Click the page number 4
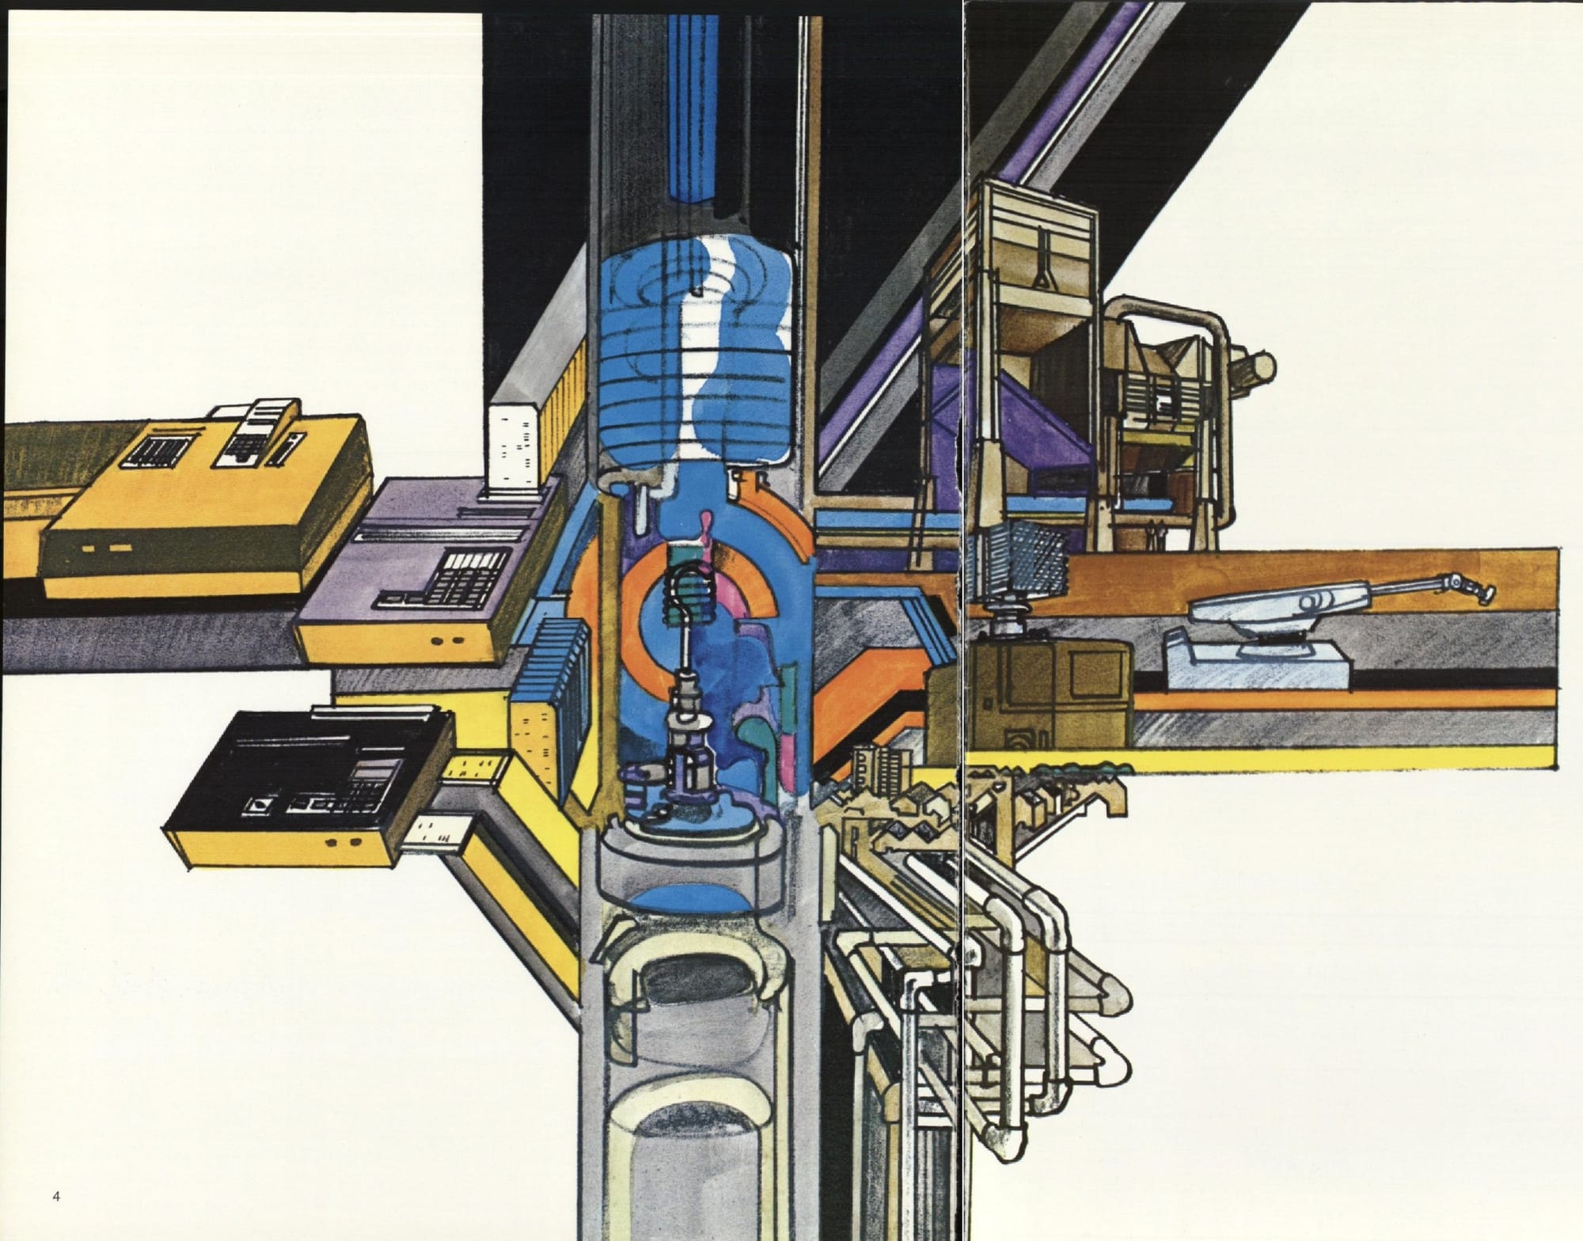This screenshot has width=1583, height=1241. [x=55, y=1197]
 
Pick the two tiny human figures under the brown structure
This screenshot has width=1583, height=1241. [x=1156, y=536]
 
